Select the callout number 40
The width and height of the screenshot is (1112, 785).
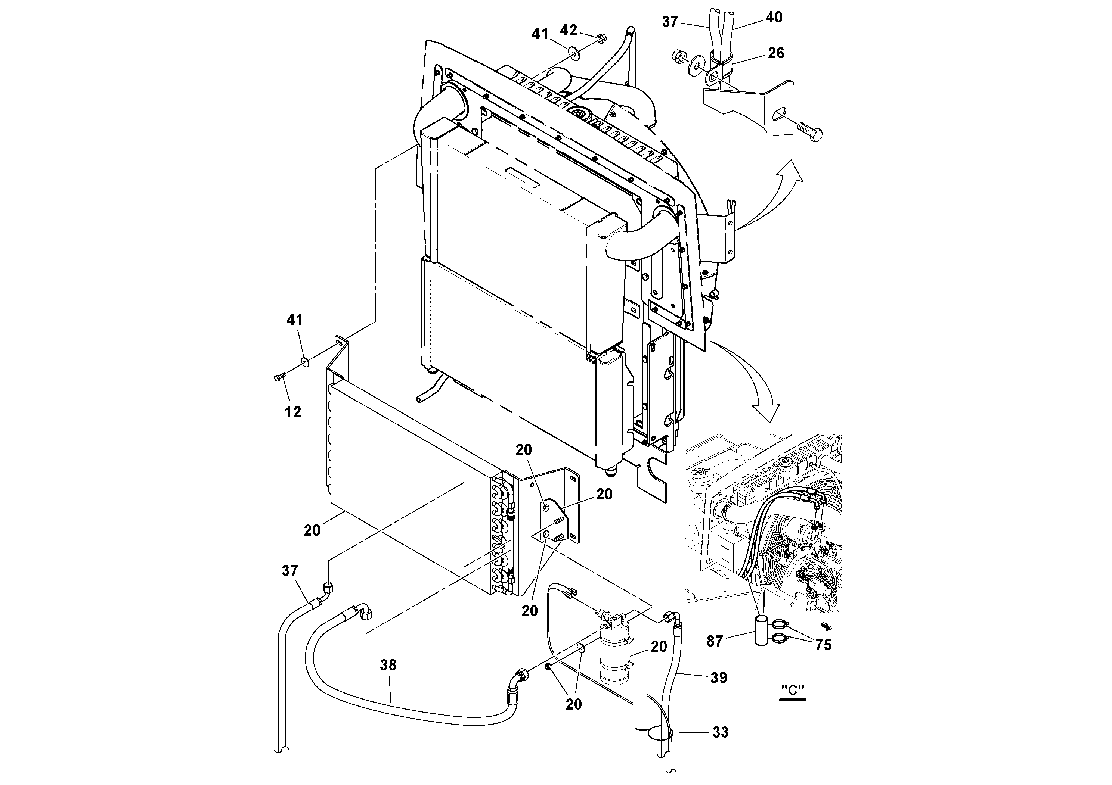774,18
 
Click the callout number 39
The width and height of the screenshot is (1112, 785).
719,677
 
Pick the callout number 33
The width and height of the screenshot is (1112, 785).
720,732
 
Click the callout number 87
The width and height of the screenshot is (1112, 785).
715,641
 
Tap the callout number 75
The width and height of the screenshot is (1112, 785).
823,645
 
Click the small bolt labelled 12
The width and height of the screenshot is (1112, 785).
279,377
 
